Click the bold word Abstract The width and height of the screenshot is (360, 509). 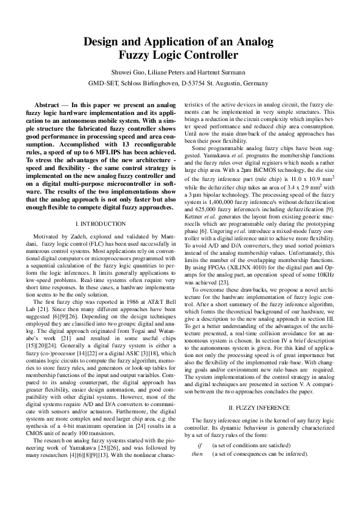(47, 105)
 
